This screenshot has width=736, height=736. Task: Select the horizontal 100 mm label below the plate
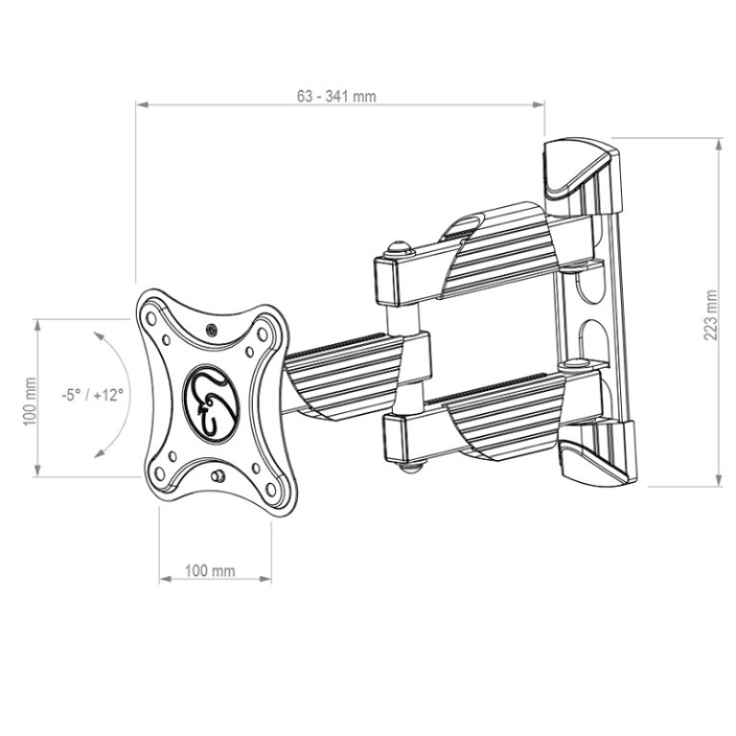210,571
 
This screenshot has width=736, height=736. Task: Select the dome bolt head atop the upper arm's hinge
397,247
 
